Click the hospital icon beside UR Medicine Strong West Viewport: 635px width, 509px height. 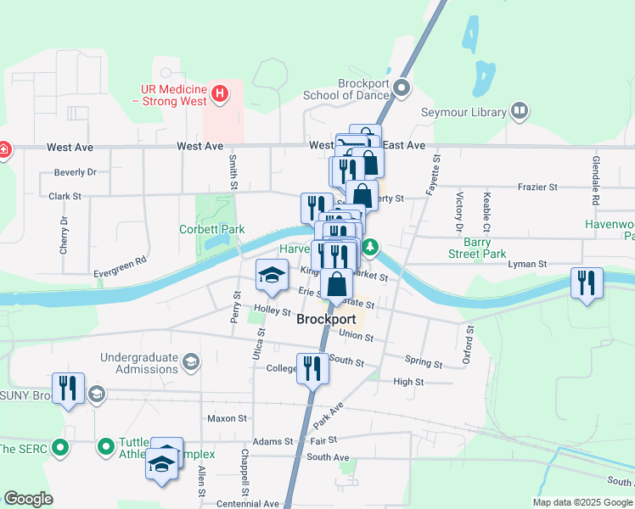click(x=220, y=92)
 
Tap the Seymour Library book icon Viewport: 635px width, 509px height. click(x=519, y=111)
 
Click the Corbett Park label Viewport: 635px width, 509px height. click(x=211, y=229)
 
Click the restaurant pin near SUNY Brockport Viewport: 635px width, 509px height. click(x=65, y=388)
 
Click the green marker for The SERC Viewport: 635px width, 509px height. click(x=59, y=446)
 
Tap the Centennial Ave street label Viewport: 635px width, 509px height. click(x=250, y=503)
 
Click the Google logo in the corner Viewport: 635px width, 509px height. click(x=28, y=499)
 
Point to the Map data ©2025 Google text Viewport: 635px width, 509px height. click(x=582, y=502)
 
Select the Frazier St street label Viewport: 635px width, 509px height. click(x=535, y=187)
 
